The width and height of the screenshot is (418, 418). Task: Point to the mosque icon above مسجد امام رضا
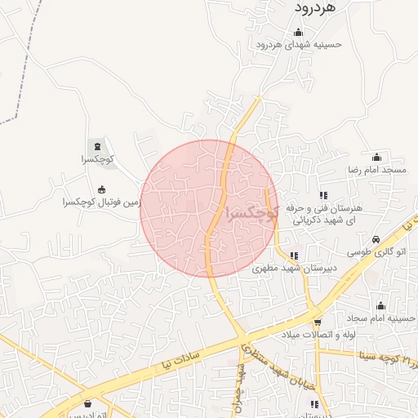click(x=376, y=157)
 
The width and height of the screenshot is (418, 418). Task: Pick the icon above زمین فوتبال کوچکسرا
click(x=101, y=189)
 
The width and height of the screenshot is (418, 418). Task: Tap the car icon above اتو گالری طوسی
click(x=375, y=240)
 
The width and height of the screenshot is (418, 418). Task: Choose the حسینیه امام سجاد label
click(x=380, y=317)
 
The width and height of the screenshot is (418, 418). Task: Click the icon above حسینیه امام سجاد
click(x=380, y=305)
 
